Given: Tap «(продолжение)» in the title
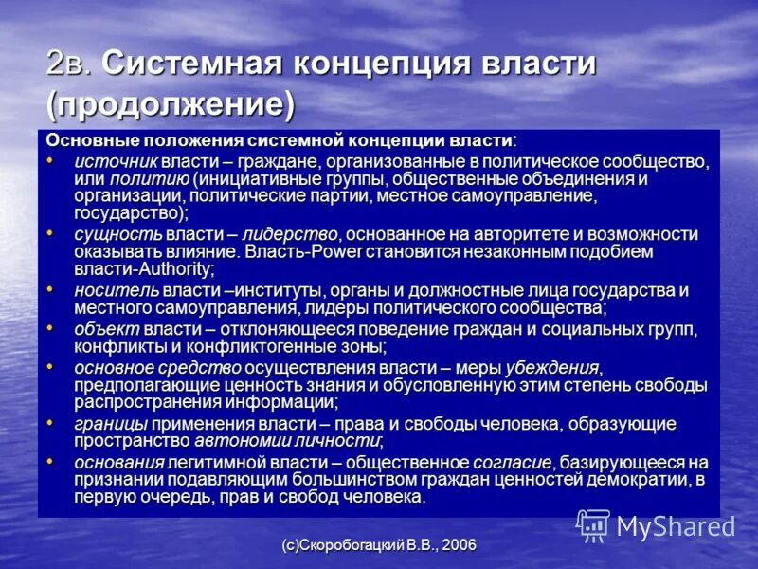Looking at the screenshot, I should pos(171,101).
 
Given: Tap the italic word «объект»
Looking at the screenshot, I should pos(102,328).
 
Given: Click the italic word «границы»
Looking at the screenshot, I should pos(106,422).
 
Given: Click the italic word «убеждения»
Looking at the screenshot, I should pos(554,366).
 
